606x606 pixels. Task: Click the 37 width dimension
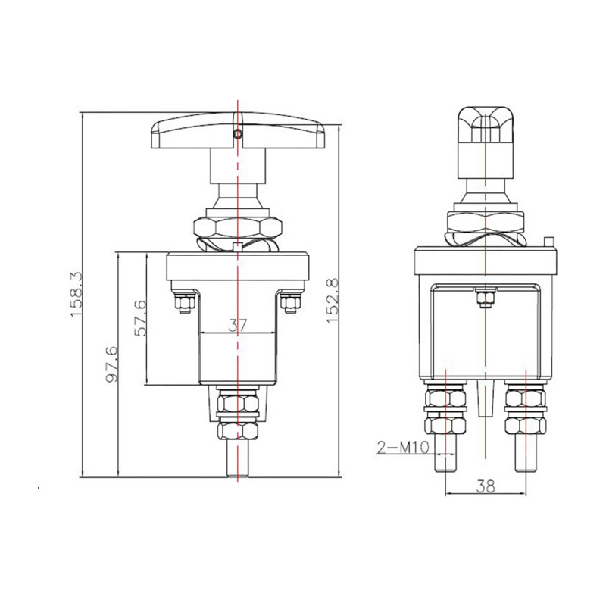click(x=238, y=326)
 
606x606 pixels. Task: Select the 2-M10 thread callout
click(x=403, y=448)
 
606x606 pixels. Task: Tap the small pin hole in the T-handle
click(x=239, y=135)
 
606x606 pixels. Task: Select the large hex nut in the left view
click(x=238, y=226)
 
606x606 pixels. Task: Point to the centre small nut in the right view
click(x=484, y=301)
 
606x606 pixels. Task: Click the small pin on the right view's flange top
click(x=549, y=242)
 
